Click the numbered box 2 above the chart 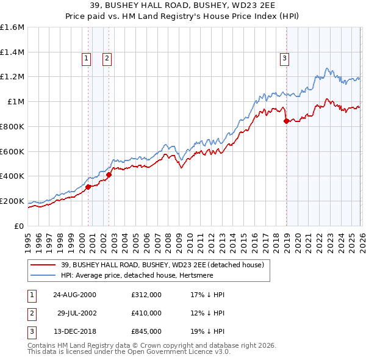click(107, 59)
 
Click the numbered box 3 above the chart click(284, 59)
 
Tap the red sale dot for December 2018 click(286, 121)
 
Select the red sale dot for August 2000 click(88, 187)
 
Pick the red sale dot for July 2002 click(109, 175)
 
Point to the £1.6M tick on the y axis click(12, 27)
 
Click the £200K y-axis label click(12, 201)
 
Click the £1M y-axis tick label click(16, 102)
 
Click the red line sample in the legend click(44, 265)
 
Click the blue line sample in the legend click(44, 275)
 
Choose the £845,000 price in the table click(146, 331)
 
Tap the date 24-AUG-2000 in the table click(75, 295)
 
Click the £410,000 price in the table click(146, 313)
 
